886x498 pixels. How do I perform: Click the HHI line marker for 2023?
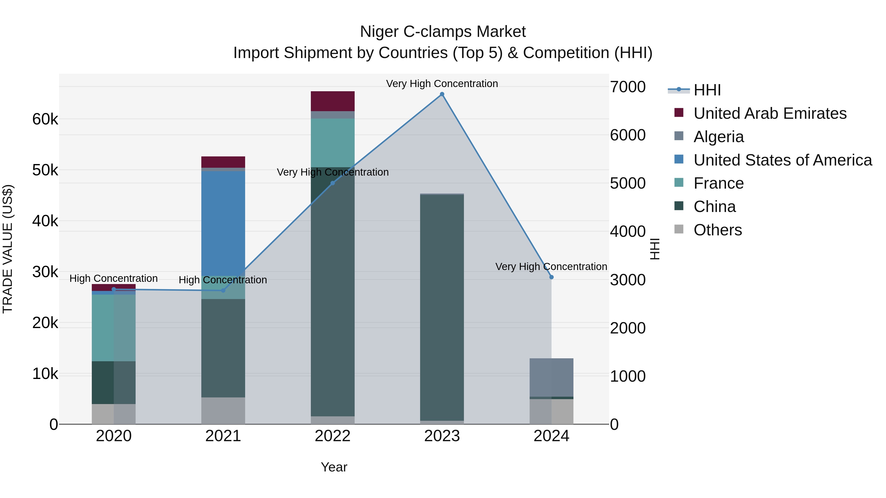tap(442, 94)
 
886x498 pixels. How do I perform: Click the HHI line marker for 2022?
tap(332, 183)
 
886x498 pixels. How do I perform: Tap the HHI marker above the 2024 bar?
tap(551, 277)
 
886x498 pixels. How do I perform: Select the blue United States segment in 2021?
tap(223, 223)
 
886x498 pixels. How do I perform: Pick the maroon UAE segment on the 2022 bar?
tap(332, 101)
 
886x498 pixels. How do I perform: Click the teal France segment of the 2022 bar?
tap(332, 143)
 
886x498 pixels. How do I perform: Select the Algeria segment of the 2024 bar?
tap(551, 377)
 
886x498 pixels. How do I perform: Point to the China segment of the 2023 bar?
tap(442, 308)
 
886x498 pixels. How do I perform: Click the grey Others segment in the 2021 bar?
tap(223, 411)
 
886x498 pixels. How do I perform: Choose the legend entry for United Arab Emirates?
tap(770, 113)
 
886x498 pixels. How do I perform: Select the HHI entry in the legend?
tap(707, 90)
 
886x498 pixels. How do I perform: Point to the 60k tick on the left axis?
tap(45, 120)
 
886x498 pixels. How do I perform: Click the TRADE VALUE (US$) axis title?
tap(8, 249)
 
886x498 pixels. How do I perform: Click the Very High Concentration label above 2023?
tap(442, 84)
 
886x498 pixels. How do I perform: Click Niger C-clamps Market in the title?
tap(443, 32)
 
